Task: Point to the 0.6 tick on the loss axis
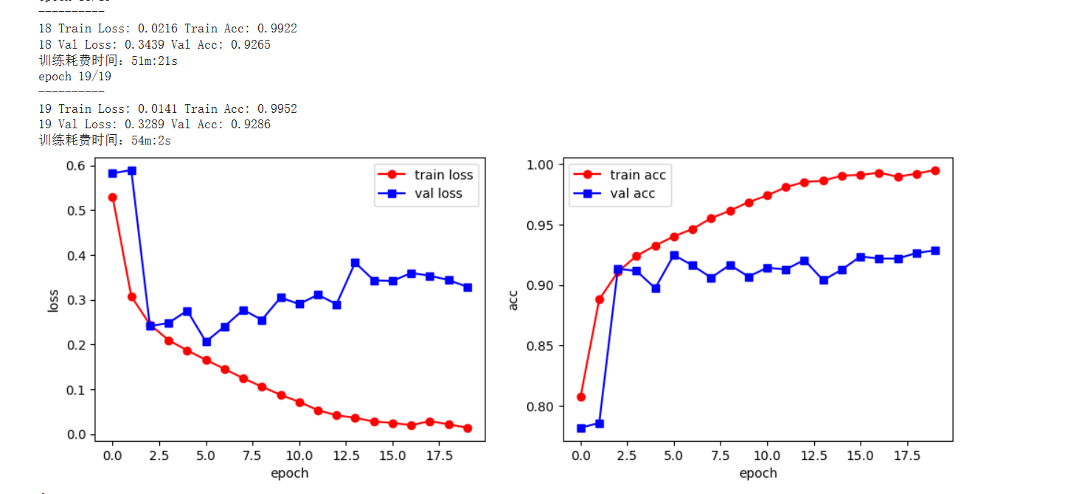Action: pyautogui.click(x=75, y=165)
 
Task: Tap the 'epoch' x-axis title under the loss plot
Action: pyautogui.click(x=290, y=473)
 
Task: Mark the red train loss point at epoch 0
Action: pyautogui.click(x=112, y=198)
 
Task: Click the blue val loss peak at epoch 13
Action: pyautogui.click(x=355, y=262)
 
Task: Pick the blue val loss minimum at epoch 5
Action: pyautogui.click(x=207, y=341)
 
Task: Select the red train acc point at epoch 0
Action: pyautogui.click(x=581, y=397)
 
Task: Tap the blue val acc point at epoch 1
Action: pyautogui.click(x=600, y=423)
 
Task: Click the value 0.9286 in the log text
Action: pyautogui.click(x=251, y=125)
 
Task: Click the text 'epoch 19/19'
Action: pyautogui.click(x=74, y=77)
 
